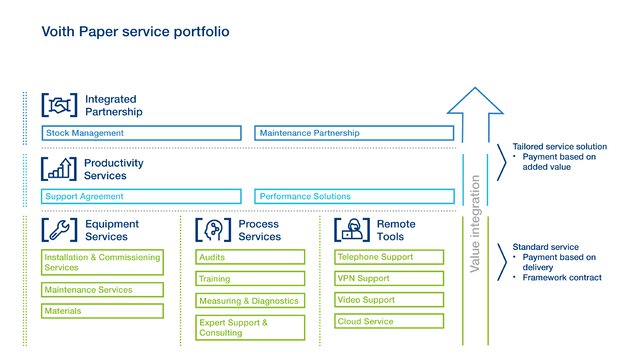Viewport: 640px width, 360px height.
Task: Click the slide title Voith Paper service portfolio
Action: tap(135, 32)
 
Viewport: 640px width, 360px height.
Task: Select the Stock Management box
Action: tap(142, 133)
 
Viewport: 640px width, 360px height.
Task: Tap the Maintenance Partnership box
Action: tap(355, 133)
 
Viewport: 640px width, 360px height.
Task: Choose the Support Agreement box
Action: tap(142, 197)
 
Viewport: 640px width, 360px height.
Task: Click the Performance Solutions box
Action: tap(355, 197)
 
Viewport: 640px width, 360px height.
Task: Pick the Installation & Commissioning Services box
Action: tap(101, 262)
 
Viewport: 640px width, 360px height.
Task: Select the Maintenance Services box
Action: tap(101, 290)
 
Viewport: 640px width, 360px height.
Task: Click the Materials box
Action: tap(101, 311)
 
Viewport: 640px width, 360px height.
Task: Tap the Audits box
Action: tap(249, 257)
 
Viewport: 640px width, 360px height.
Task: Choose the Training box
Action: tap(249, 279)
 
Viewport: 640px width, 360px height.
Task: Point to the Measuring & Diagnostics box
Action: tap(249, 301)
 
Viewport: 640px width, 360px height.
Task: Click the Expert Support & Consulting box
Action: tap(249, 327)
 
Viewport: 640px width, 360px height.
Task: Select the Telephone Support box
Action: tap(388, 257)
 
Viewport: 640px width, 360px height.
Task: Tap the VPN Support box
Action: tap(388, 278)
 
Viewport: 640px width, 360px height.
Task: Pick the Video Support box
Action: tap(388, 300)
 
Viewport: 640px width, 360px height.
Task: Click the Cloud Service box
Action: tap(388, 322)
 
